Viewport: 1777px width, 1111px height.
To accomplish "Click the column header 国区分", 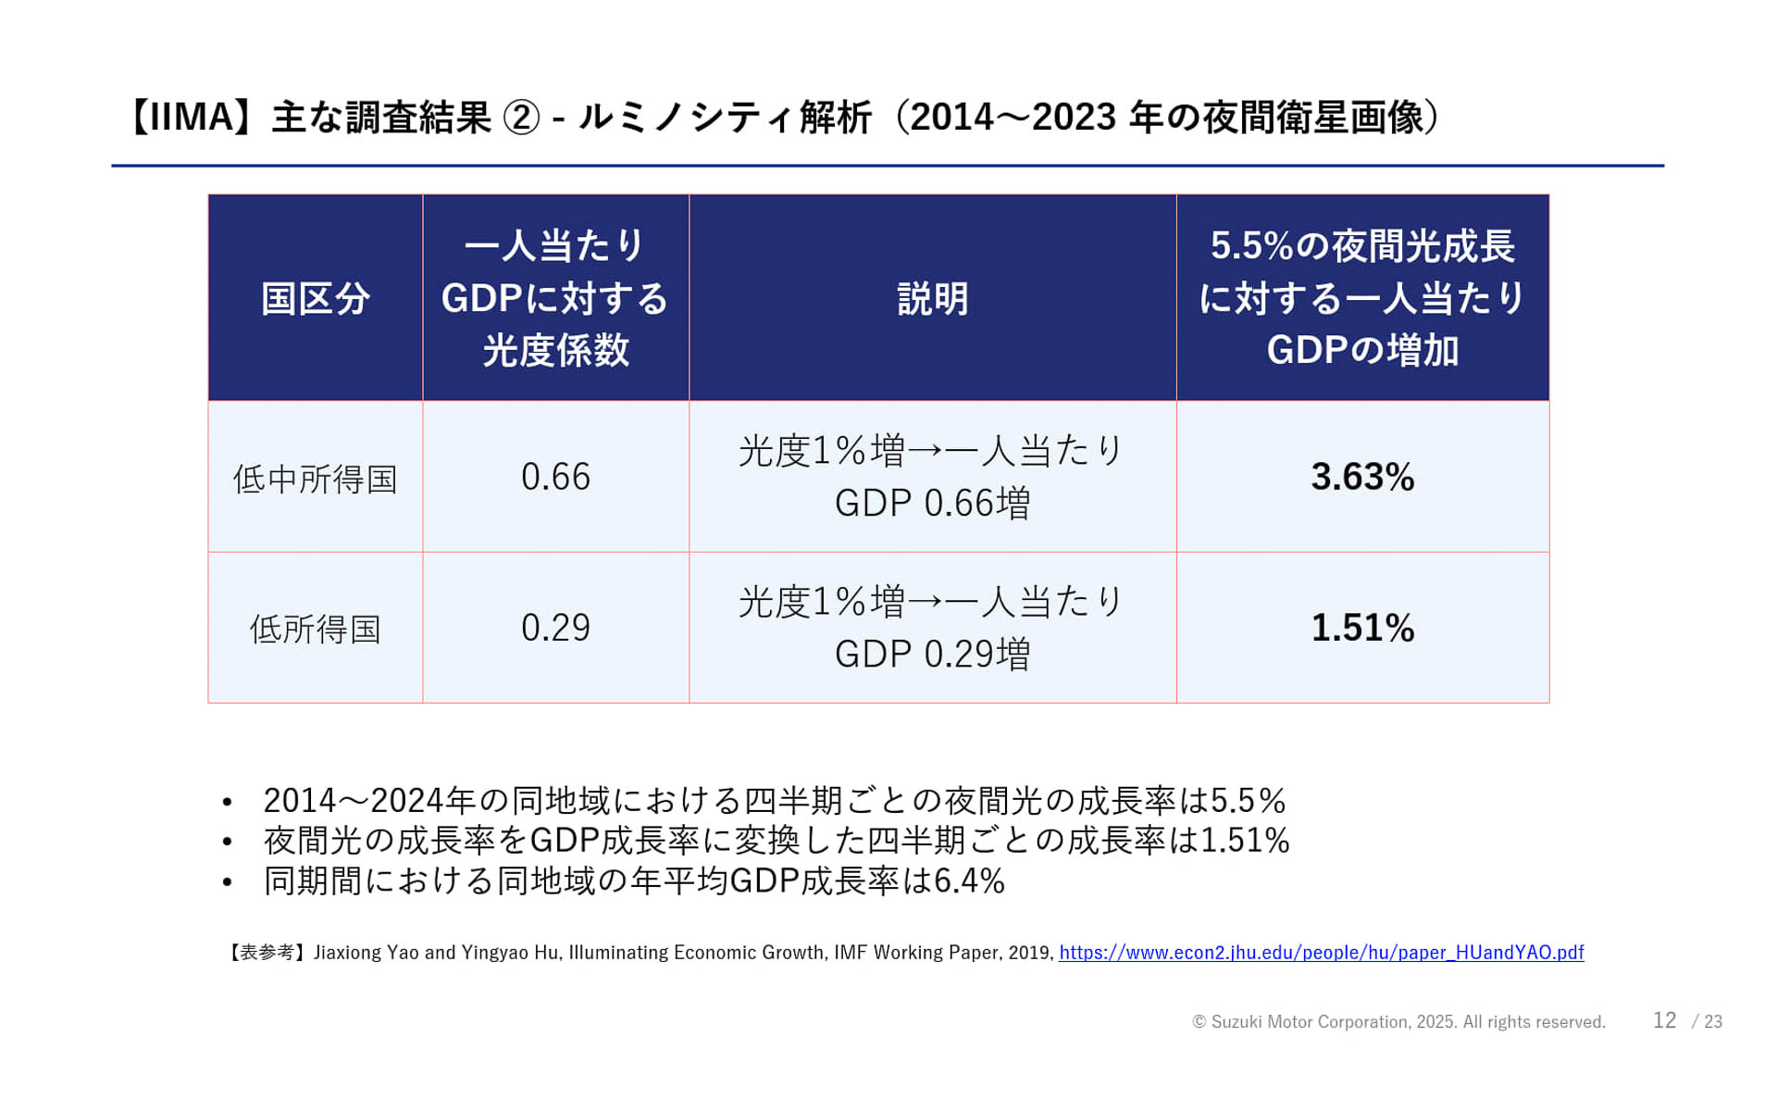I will tap(316, 298).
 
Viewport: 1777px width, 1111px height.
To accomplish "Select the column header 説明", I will tap(932, 298).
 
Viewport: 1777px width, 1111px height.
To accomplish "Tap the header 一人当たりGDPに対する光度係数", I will tap(555, 298).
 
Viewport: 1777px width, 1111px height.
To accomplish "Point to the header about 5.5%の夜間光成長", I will tap(1362, 298).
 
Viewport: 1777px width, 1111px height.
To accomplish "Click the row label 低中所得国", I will tap(316, 479).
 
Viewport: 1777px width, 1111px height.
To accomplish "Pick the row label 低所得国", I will tap(316, 629).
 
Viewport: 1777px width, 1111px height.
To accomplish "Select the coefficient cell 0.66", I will tap(555, 477).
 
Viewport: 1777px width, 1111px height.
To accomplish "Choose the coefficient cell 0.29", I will tap(555, 628).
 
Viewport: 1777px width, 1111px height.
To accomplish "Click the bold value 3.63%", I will tap(1362, 477).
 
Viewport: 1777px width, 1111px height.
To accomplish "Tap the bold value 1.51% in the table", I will tap(1362, 628).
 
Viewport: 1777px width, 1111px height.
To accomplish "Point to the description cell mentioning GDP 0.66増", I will tap(932, 477).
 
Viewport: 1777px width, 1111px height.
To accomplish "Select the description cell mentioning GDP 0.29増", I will tap(932, 628).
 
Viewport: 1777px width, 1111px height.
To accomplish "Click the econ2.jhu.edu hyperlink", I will tap(1321, 953).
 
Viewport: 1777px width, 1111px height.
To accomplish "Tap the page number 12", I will tap(1664, 1020).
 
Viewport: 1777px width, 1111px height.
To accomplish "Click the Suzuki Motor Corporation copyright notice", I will tap(1398, 1022).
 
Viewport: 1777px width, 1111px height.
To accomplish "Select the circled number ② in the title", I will tap(520, 118).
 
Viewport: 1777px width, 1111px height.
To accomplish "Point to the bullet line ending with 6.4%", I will tap(634, 880).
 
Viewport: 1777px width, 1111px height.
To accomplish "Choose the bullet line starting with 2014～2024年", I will tap(774, 800).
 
